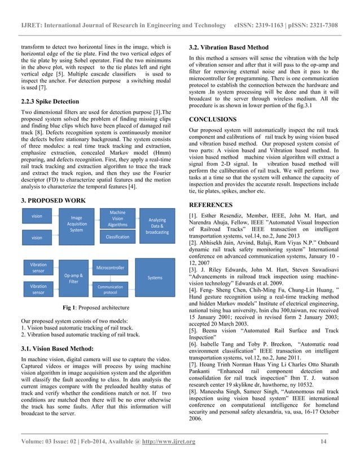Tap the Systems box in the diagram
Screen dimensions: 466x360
(155, 278)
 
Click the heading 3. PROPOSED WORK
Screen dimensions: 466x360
(53, 200)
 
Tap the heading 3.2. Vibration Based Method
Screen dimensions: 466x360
(228, 47)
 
